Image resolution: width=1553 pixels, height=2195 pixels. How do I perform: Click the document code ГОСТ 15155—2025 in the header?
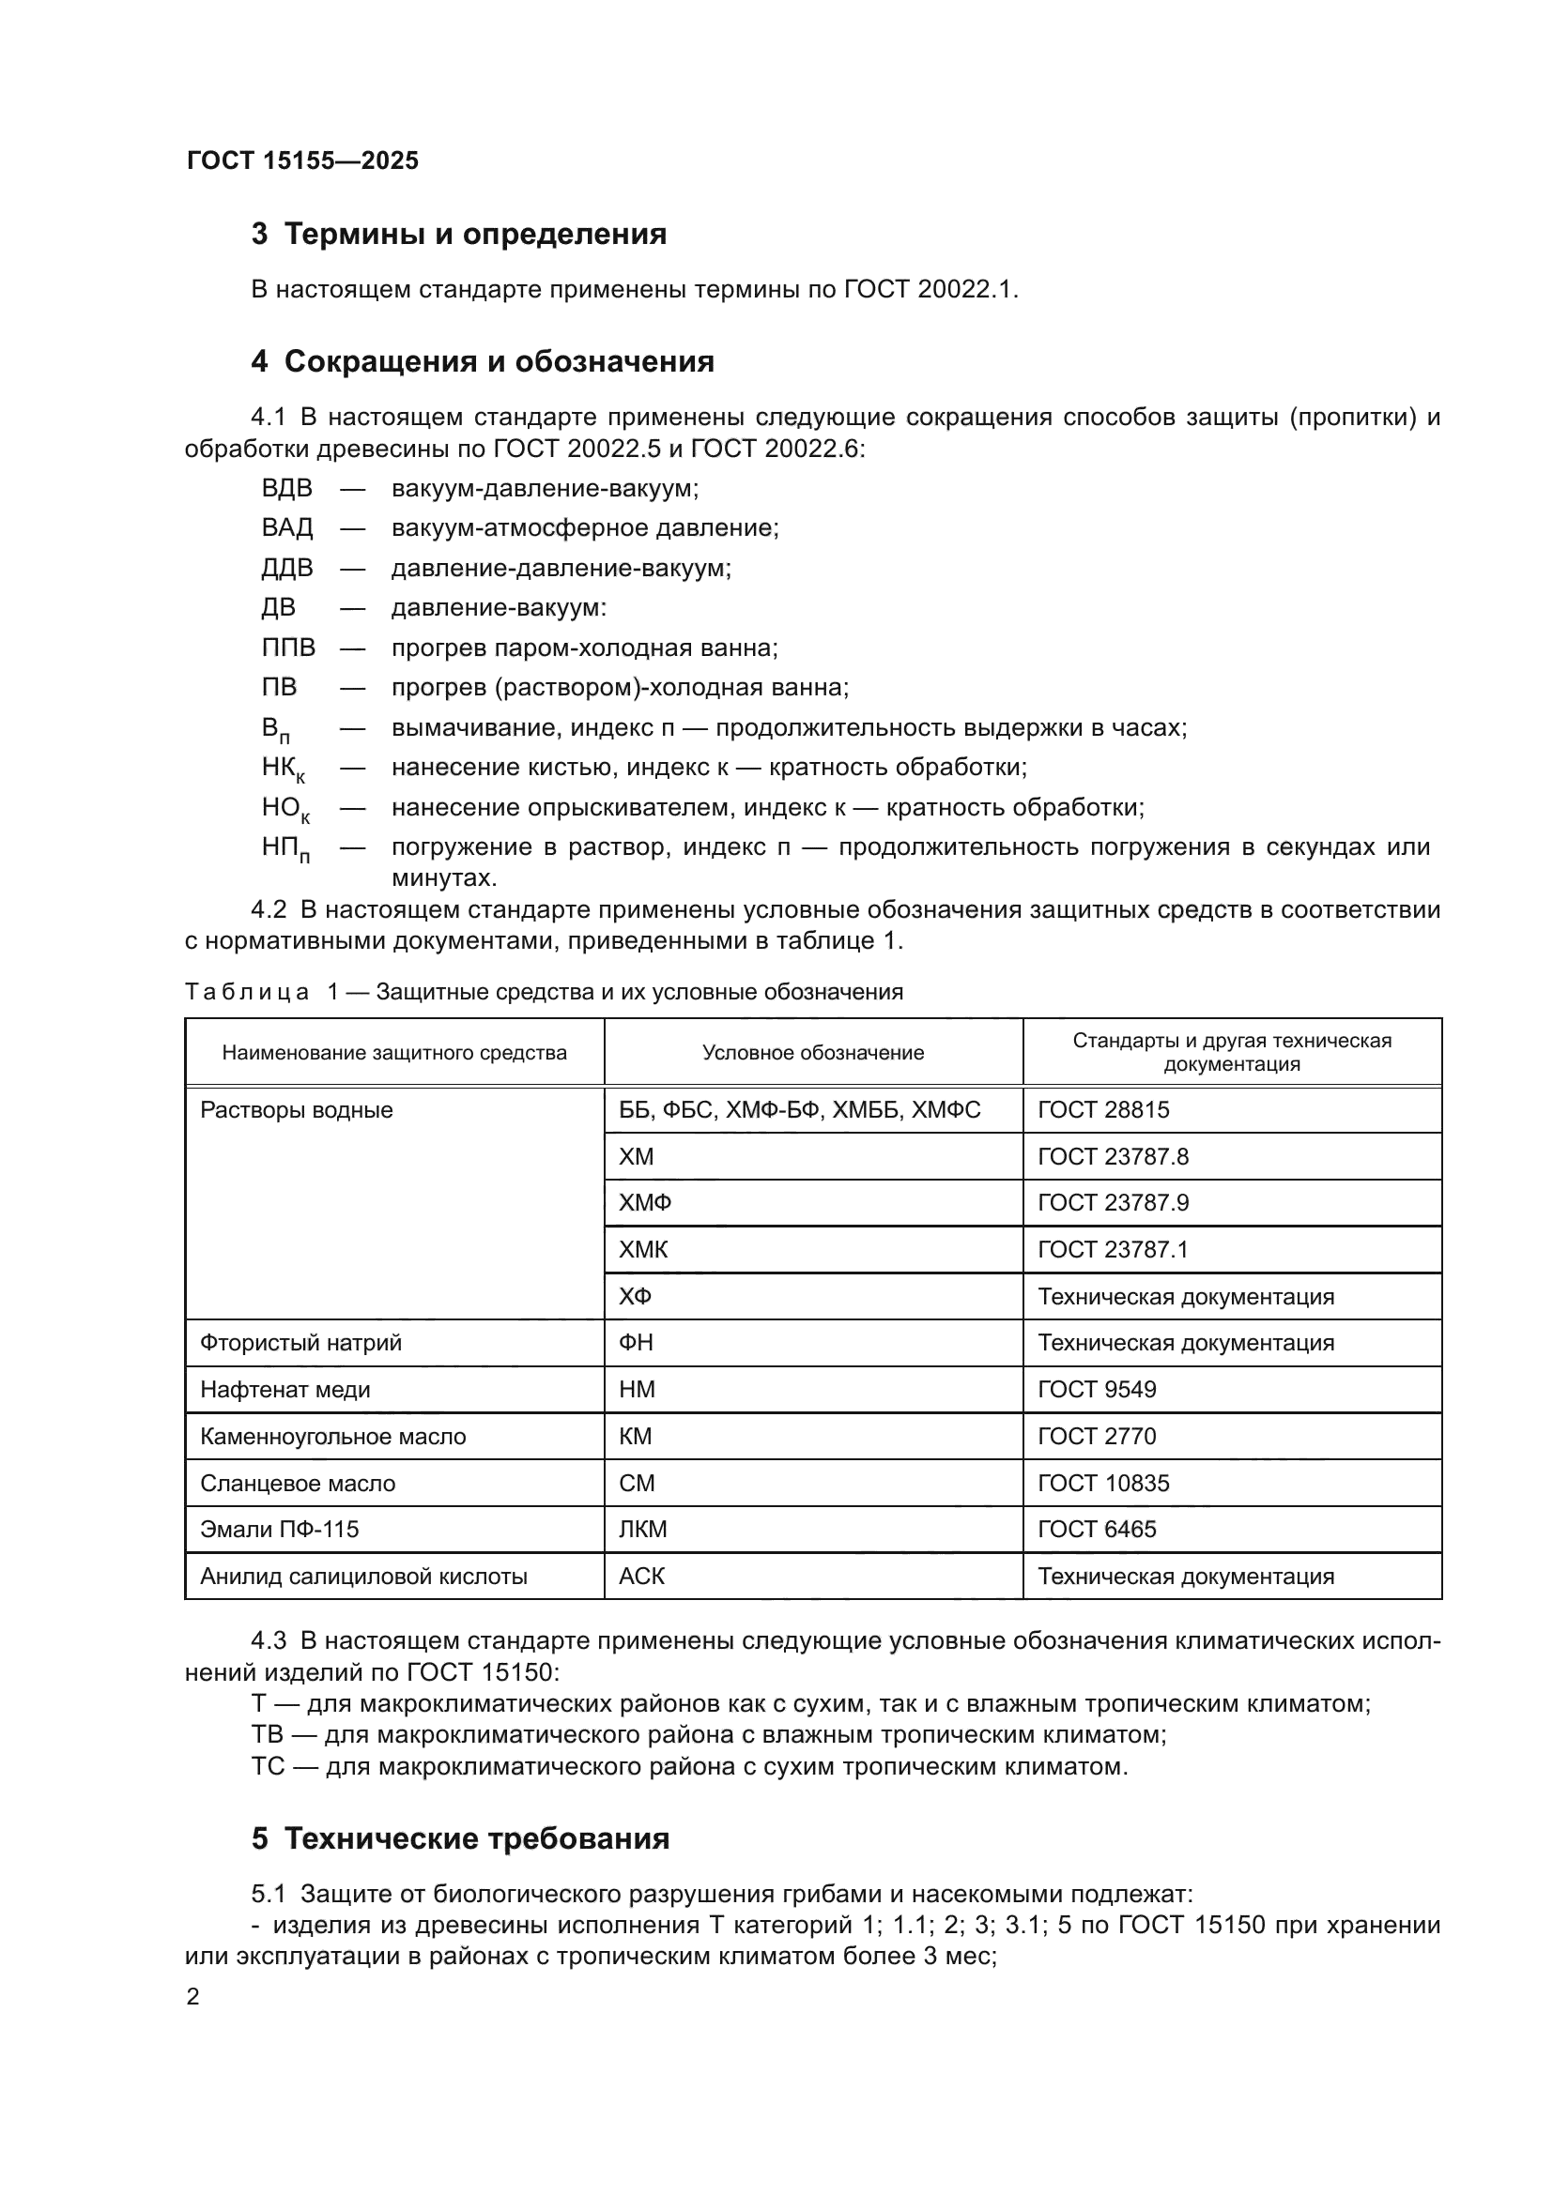point(302,160)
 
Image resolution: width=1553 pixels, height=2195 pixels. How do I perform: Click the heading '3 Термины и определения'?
point(459,235)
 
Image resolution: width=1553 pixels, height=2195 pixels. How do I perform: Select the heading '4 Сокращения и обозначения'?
point(482,361)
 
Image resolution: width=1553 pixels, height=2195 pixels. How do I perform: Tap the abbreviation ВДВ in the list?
point(287,489)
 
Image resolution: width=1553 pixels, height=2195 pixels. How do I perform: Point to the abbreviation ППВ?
point(288,648)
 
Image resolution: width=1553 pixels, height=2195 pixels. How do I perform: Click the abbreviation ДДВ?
point(287,568)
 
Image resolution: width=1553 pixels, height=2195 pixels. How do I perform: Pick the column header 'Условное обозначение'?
point(813,1053)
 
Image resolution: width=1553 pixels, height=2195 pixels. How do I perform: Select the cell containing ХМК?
point(642,1249)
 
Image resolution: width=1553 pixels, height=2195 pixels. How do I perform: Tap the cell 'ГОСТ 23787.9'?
point(1114,1203)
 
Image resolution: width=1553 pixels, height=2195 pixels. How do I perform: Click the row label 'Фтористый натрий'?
point(300,1343)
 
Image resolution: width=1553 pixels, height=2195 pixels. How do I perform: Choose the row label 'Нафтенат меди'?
point(285,1390)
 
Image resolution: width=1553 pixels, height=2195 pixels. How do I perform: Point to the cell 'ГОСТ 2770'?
point(1097,1437)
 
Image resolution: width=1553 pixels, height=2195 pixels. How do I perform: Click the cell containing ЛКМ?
point(642,1530)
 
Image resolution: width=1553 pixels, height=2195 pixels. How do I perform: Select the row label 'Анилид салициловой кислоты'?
point(363,1577)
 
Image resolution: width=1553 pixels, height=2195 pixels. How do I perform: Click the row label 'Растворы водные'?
point(297,1110)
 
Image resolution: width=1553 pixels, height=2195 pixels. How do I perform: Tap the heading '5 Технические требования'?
point(460,1838)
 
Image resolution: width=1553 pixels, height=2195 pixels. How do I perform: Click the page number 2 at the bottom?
point(193,1997)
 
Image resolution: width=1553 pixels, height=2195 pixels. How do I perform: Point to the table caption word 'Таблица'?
point(247,992)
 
